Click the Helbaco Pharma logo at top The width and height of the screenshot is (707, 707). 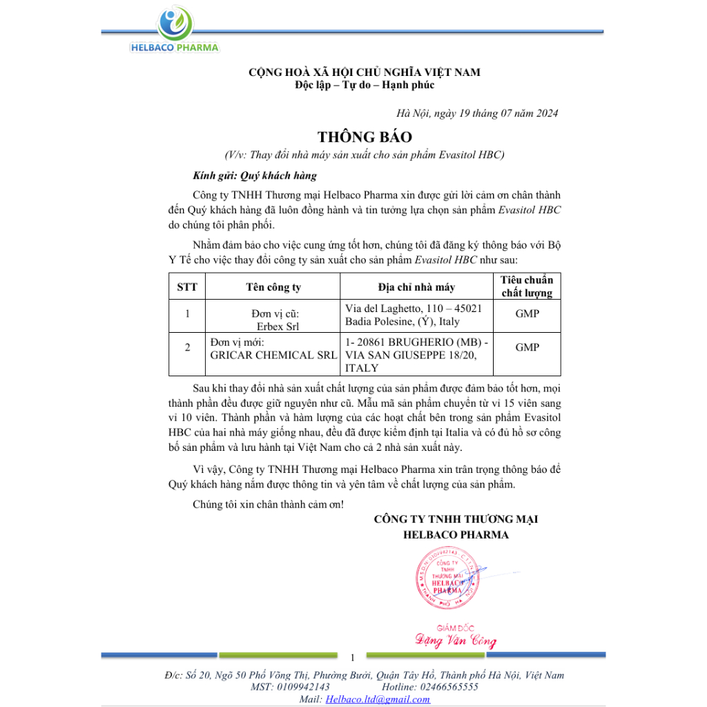click(x=174, y=31)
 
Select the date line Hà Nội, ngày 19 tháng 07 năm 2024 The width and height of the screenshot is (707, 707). click(x=477, y=113)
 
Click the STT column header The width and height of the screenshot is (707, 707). click(x=187, y=287)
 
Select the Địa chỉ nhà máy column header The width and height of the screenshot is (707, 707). click(x=416, y=287)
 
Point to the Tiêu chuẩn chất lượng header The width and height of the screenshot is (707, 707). click(x=527, y=287)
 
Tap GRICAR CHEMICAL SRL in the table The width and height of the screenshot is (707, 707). click(x=273, y=355)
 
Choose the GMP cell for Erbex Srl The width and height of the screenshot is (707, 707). click(x=527, y=313)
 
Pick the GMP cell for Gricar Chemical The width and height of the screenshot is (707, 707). click(x=527, y=347)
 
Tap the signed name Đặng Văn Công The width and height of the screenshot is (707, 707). click(x=456, y=641)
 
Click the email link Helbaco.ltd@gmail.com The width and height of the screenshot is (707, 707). click(x=378, y=699)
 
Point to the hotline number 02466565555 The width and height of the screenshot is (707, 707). click(x=448, y=687)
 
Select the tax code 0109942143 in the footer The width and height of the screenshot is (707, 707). click(x=302, y=687)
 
